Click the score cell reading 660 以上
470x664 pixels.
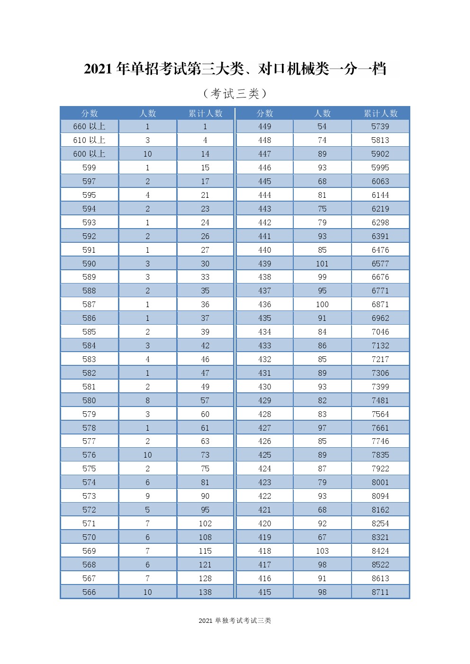(x=89, y=126)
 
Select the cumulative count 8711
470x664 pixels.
(x=380, y=592)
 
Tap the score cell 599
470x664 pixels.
(x=89, y=168)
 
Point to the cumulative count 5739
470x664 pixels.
(x=380, y=126)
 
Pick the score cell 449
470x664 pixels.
(x=264, y=126)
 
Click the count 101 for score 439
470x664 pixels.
(x=322, y=264)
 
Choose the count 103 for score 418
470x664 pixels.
(x=322, y=551)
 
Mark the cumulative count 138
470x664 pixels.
(x=205, y=592)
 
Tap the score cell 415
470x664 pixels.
(x=264, y=592)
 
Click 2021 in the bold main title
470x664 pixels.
(x=98, y=69)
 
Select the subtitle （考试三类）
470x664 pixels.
(x=235, y=94)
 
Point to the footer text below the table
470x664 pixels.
(x=235, y=620)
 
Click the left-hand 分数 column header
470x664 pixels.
(x=89, y=113)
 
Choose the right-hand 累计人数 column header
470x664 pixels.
(x=380, y=113)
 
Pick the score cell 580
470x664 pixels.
(x=89, y=400)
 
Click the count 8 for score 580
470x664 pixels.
(x=147, y=400)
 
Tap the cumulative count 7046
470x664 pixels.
(x=380, y=332)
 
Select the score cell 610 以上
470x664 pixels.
(x=89, y=140)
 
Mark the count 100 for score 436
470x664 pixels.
(x=322, y=304)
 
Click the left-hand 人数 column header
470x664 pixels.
(x=147, y=113)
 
